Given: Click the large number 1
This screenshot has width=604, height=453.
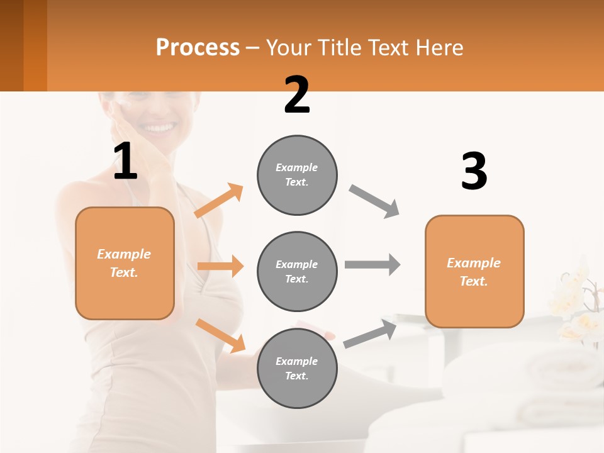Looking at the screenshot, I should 125,162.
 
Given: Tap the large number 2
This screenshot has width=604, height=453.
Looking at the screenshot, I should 297,95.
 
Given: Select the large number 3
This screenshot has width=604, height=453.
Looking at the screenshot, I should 474,171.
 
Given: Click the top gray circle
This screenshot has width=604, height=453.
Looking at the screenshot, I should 297,175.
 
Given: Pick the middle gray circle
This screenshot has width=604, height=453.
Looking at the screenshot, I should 297,272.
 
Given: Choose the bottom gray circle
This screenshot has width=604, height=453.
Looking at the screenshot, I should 297,369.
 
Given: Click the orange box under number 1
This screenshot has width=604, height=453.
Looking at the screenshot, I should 125,263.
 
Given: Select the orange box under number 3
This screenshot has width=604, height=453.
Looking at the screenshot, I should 474,272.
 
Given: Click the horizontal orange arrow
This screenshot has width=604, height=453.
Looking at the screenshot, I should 220,266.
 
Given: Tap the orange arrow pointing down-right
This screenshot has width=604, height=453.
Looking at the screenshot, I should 220,335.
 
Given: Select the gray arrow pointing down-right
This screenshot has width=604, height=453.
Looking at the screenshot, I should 374,201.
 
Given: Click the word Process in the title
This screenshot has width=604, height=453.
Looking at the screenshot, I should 198,47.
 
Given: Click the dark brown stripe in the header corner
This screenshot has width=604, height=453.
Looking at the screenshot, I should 12,45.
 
